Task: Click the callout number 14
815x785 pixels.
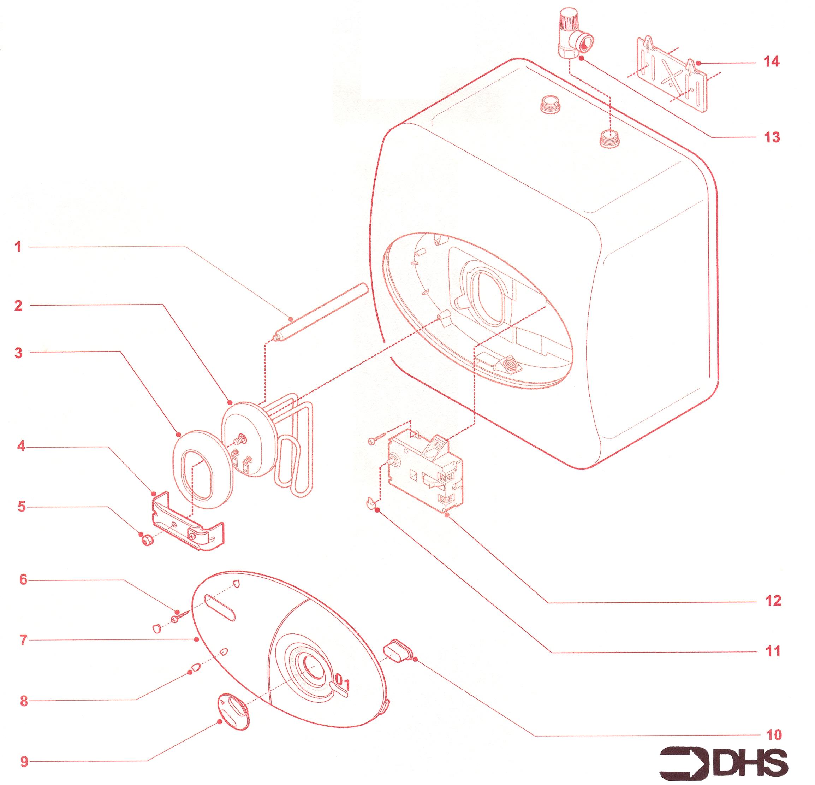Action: click(x=771, y=63)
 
